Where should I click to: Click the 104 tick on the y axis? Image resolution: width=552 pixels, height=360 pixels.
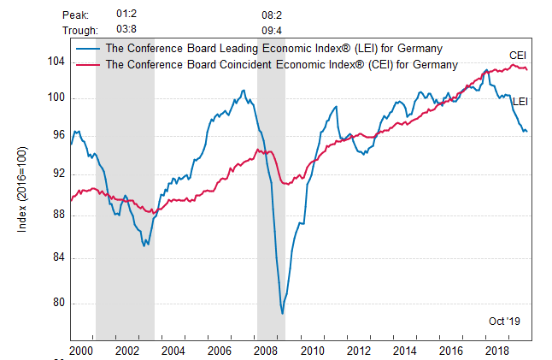tap(56, 62)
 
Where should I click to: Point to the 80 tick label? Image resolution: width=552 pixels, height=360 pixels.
tap(59, 303)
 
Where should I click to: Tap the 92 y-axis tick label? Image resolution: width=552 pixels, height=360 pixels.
tap(59, 174)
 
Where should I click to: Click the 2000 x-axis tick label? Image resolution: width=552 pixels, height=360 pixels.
tap(81, 351)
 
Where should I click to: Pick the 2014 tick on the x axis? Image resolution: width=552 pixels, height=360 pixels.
tap(402, 351)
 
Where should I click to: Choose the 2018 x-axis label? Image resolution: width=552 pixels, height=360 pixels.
tap(495, 351)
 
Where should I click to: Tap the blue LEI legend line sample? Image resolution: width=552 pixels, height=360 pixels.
tap(86, 48)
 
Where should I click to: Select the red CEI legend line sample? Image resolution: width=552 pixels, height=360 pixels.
tap(86, 64)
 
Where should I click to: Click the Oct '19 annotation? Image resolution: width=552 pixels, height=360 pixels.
tap(504, 321)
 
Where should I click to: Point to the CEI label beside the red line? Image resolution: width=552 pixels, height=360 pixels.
tap(518, 56)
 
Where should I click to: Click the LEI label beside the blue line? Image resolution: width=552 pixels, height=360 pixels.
tap(520, 102)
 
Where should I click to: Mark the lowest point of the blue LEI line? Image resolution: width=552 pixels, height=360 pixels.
tap(282, 314)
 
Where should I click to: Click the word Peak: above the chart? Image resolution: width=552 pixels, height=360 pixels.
tap(76, 15)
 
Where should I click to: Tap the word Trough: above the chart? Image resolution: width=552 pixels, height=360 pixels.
tap(80, 30)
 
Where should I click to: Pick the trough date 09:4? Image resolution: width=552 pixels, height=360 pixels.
tap(272, 30)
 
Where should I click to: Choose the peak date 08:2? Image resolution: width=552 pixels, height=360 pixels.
tap(272, 15)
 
